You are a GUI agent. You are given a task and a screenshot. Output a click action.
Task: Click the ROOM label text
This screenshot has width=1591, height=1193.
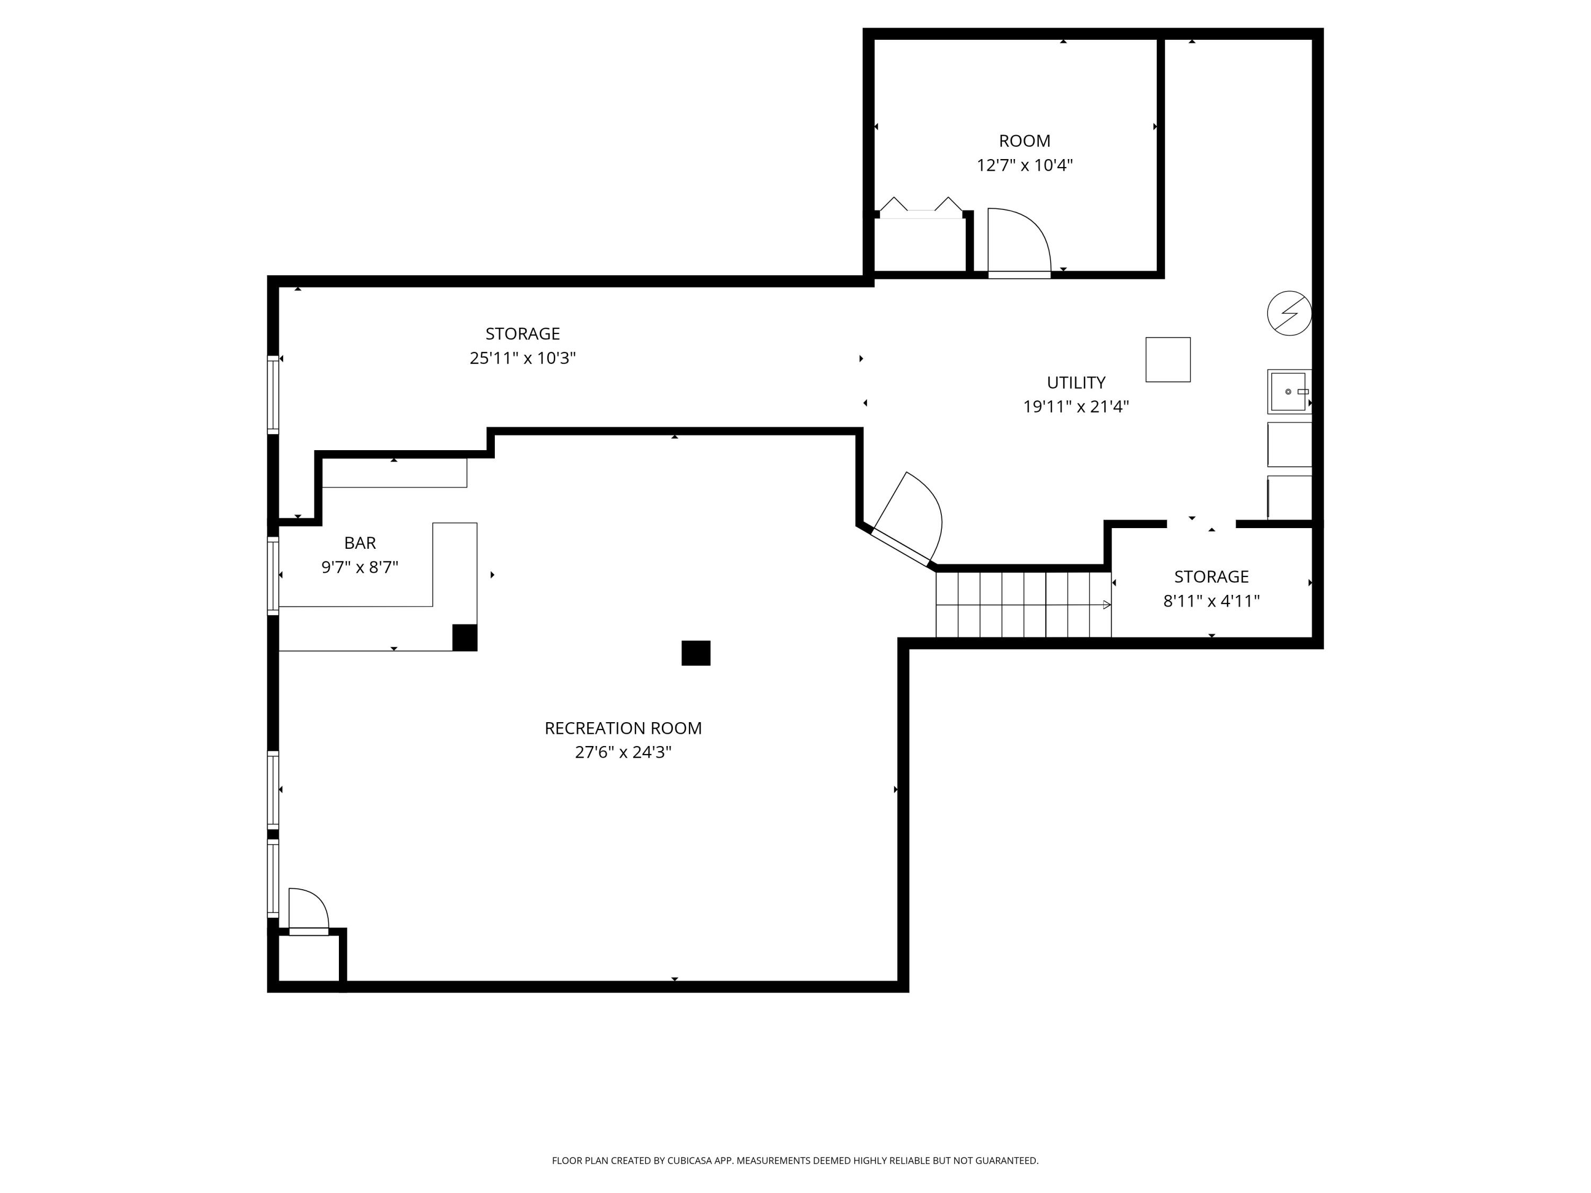pos(1024,141)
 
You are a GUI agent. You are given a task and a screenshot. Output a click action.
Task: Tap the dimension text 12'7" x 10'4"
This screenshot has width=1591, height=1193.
pos(1024,165)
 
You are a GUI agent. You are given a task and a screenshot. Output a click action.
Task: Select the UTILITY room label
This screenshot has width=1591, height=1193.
pos(1076,383)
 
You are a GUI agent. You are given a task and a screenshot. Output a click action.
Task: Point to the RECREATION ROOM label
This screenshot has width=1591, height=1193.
pos(623,728)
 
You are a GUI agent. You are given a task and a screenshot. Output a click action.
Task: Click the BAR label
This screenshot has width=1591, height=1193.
pos(360,543)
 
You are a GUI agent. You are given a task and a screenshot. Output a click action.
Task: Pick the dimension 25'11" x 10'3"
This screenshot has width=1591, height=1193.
pos(523,358)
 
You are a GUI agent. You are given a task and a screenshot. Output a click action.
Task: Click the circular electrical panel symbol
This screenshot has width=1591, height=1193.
pos(1289,313)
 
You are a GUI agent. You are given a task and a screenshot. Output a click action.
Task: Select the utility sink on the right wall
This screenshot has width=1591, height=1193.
pos(1289,392)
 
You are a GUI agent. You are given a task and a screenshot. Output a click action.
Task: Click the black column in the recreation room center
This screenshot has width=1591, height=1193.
pos(695,653)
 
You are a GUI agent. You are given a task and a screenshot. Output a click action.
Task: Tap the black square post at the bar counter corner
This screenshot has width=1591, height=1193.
pos(465,638)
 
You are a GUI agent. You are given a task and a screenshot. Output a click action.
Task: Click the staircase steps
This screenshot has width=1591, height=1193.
pos(1024,604)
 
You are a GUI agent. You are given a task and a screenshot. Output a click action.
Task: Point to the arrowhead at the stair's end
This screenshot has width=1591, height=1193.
pos(1107,605)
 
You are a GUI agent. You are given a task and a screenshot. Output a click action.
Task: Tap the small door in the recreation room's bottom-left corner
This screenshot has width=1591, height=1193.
pos(309,911)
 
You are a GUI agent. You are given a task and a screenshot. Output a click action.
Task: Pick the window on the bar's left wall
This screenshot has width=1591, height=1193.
pos(273,576)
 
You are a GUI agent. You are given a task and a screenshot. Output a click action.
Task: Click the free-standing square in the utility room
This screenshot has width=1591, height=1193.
pos(1168,359)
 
